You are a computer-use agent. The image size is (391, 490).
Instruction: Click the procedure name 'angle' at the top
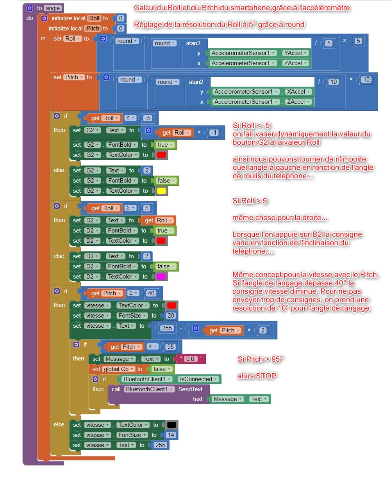point(53,8)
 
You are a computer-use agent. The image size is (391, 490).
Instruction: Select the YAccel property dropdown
point(296,53)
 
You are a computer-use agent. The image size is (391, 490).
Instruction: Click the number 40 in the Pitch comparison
point(151,293)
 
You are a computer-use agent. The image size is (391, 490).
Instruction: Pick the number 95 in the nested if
point(170,347)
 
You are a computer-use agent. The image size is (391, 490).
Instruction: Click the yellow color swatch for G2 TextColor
point(161,191)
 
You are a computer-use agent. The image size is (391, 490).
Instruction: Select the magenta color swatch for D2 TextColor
point(161,277)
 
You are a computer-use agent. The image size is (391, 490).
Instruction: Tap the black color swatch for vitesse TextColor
point(171,425)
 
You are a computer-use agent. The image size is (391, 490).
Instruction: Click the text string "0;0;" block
point(191,359)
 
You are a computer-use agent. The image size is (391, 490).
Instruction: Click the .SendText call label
point(190,389)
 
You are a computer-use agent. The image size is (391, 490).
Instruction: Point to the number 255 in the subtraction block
point(167,328)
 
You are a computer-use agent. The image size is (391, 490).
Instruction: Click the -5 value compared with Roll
point(148,118)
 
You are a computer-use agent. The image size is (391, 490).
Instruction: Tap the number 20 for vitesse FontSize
point(171,316)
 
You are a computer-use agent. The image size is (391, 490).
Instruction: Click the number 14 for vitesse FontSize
point(171,435)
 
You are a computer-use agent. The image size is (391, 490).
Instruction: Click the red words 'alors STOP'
point(257,376)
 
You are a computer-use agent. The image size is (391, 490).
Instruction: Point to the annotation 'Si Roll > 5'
point(250,201)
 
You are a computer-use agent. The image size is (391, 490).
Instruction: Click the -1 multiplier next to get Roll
point(214,133)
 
